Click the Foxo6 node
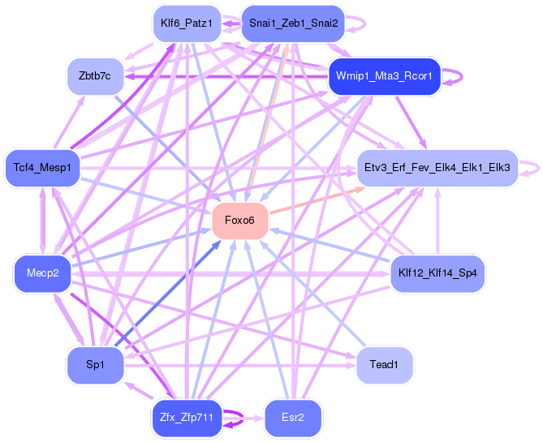point(240,221)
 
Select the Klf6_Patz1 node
point(187,24)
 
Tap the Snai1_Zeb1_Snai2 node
point(293,24)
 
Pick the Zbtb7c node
point(95,76)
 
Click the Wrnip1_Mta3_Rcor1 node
point(385,76)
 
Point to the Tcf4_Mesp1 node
point(42,168)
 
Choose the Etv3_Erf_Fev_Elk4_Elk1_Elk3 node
point(437,168)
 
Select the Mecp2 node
point(42,273)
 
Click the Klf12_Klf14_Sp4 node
point(437,273)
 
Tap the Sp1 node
point(95,365)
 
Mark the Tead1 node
point(385,365)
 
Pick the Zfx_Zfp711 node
point(187,418)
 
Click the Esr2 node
point(293,418)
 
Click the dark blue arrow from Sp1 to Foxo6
point(168,293)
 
